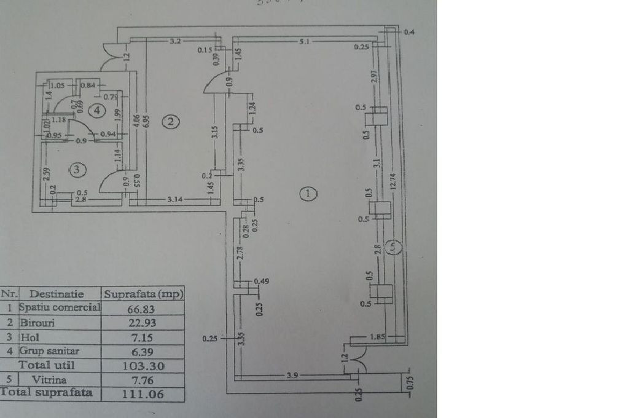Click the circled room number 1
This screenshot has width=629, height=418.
(308, 194)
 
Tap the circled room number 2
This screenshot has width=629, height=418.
(170, 122)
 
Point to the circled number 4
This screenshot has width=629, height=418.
(95, 111)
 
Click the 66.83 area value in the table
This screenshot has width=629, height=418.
(142, 307)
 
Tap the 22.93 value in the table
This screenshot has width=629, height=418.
(142, 322)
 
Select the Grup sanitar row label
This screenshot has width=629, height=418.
(50, 352)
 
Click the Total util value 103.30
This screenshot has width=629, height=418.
(142, 366)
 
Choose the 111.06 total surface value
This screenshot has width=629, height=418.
(142, 394)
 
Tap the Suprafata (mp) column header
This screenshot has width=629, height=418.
(143, 294)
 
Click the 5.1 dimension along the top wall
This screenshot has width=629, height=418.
(304, 42)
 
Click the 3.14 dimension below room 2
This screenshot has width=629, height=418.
(177, 199)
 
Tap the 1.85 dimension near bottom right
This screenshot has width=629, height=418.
(377, 337)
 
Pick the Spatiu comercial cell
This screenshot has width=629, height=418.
(60, 307)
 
